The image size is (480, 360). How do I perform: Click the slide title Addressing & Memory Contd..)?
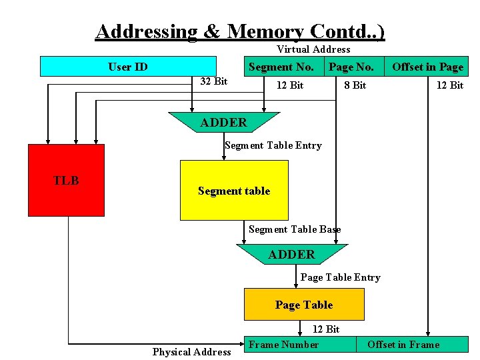point(240,31)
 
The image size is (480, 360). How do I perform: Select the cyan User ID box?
point(128,67)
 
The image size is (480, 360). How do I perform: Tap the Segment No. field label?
point(281,67)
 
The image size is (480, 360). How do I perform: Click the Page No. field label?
point(351,67)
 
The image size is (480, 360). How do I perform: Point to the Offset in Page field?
point(427,67)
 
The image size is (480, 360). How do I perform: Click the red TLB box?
point(66,180)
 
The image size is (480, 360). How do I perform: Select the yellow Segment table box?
point(234,191)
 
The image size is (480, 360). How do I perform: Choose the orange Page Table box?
point(304,305)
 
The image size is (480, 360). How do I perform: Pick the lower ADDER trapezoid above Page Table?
point(291,255)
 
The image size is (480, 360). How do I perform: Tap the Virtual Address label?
point(313,49)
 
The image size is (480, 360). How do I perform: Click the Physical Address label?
point(191,352)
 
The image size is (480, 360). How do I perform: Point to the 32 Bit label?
point(214,81)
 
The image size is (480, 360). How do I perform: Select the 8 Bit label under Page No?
point(355,85)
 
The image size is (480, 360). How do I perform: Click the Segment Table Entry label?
point(273,145)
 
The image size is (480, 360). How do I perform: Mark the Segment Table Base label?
point(295,229)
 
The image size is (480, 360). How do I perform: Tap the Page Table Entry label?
point(341,277)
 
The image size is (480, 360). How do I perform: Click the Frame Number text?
point(283,345)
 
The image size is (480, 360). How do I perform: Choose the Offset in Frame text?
point(403,345)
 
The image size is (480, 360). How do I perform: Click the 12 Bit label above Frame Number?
point(326,329)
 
